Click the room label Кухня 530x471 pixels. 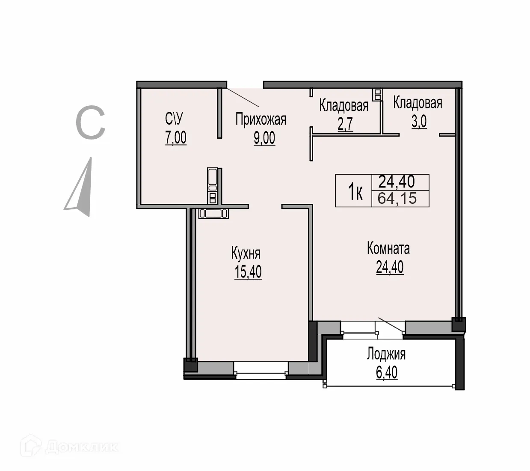tap(246, 253)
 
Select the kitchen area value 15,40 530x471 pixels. tap(248, 272)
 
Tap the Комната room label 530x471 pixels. tap(388, 248)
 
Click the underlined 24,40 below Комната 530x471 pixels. tap(390, 267)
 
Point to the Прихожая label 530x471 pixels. tap(261, 119)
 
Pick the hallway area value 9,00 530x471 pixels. tap(264, 138)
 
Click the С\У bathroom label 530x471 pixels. tap(175, 119)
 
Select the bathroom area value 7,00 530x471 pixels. tap(175, 138)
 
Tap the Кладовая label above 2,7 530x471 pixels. tap(343, 105)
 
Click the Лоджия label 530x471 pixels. tap(386, 354)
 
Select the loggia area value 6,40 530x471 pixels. tap(386, 373)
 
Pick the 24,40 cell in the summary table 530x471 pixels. tap(397, 182)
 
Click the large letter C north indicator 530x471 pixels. tap(90, 123)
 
